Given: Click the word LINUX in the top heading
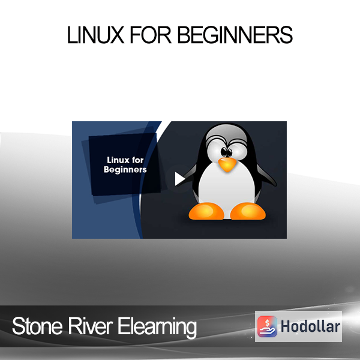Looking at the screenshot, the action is (95, 35).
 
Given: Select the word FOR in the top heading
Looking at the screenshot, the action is (151, 35).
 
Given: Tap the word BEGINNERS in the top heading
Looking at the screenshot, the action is (235, 35).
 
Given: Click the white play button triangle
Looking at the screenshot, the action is (180, 179).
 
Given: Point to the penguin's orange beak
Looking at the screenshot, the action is (227, 164).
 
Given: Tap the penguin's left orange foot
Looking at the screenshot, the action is (206, 211).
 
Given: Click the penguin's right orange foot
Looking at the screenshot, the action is (248, 211).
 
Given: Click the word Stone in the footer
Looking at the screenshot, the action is (37, 326).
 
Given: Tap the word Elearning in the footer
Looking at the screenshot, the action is (157, 328).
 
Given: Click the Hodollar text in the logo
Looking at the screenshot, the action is (310, 326).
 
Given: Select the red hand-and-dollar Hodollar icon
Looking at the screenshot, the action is (267, 326).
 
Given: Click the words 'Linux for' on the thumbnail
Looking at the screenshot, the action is (125, 160).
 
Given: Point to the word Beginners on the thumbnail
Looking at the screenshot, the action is (125, 170).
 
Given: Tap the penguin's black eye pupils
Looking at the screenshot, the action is (227, 152).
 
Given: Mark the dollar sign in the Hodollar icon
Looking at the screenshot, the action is (267, 323).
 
